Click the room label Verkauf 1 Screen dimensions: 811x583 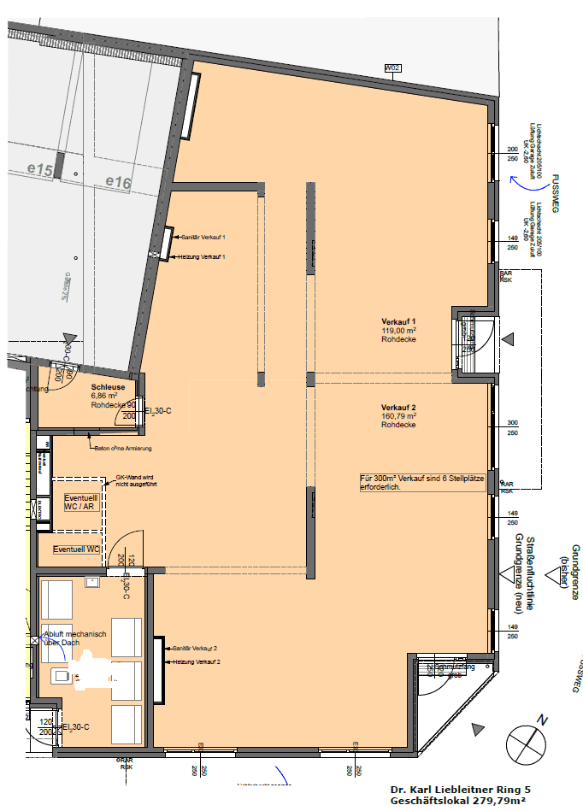(x=397, y=321)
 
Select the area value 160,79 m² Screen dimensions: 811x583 (x=398, y=416)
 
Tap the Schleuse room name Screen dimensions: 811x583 (x=108, y=387)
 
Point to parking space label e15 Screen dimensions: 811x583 (x=40, y=172)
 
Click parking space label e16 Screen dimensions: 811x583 (x=118, y=181)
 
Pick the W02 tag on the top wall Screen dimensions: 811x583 (x=392, y=68)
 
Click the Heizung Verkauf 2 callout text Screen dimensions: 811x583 (x=197, y=662)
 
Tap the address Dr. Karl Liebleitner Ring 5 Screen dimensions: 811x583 (x=460, y=790)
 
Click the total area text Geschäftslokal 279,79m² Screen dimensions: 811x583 (x=460, y=802)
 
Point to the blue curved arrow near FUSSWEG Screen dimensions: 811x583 (x=515, y=180)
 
